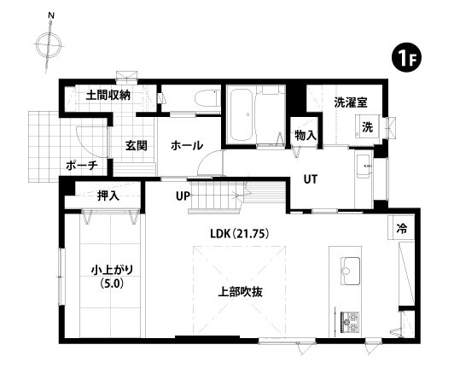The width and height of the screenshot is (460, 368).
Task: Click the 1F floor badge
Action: (x=405, y=58)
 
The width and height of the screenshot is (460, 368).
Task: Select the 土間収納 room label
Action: (x=108, y=95)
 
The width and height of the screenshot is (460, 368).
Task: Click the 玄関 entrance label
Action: (x=137, y=145)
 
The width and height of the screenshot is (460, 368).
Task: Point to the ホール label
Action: (x=186, y=146)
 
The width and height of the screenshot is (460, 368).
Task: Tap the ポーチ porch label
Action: (x=83, y=166)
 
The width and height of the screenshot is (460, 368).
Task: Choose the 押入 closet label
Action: (x=108, y=196)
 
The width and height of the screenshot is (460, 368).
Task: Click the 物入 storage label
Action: (x=305, y=135)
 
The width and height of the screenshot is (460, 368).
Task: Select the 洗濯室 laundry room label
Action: (x=351, y=102)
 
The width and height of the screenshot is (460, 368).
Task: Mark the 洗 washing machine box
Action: (x=367, y=127)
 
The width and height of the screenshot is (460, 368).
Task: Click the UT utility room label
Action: (x=312, y=179)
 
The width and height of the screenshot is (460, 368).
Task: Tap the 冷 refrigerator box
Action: (x=400, y=228)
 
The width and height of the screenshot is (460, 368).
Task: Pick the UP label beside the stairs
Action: (x=182, y=196)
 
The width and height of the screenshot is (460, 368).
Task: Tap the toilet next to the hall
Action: (x=204, y=100)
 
